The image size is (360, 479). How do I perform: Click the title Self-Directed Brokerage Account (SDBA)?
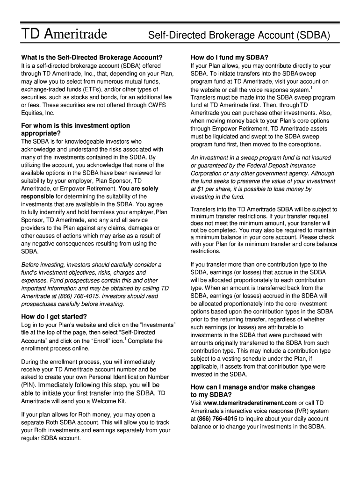(x=239, y=35)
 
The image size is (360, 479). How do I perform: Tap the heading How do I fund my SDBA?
(x=229, y=58)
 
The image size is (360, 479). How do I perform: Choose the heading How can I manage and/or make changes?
(x=253, y=387)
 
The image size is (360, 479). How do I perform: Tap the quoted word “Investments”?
(x=158, y=325)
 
